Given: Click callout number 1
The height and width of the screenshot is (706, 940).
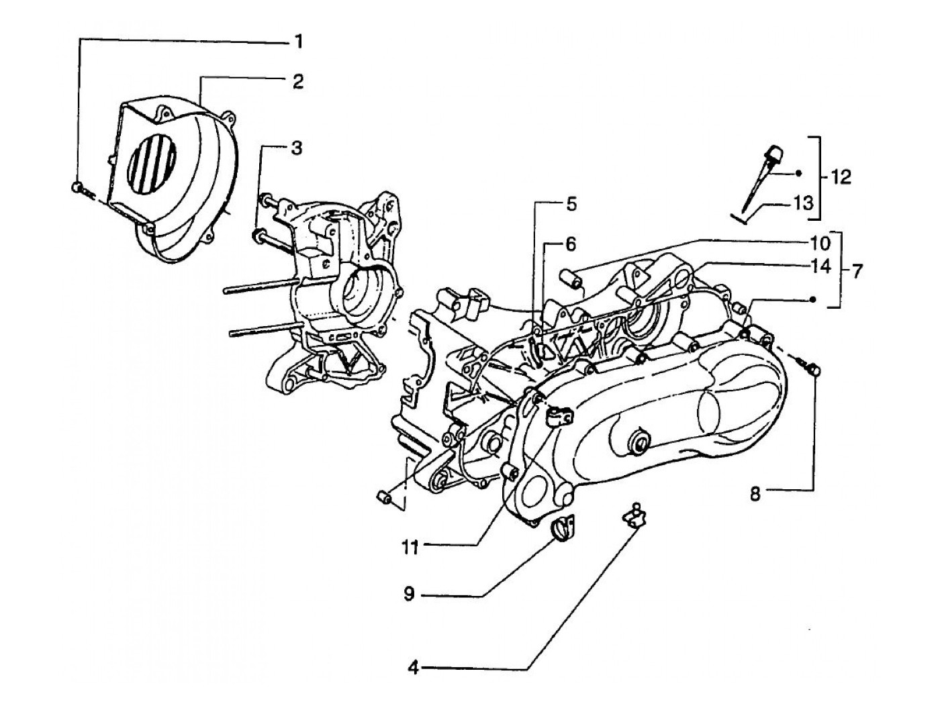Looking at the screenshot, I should click(x=296, y=43).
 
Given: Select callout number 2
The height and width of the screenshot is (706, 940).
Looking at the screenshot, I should click(x=297, y=82).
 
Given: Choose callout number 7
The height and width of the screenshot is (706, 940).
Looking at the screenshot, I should click(x=857, y=272).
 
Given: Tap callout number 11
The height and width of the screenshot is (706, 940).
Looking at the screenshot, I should click(x=411, y=548).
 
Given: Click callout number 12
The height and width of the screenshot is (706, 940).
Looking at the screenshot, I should click(x=839, y=177).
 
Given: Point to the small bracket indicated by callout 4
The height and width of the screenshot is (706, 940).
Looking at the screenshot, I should click(x=634, y=516).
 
